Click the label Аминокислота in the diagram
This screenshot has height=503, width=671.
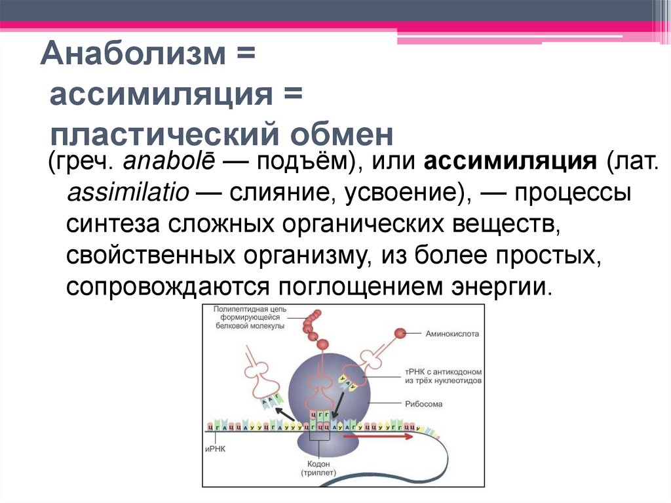pyautogui.click(x=452, y=333)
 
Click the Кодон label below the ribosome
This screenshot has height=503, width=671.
pyautogui.click(x=318, y=462)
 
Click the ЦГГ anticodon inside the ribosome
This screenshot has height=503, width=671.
pyautogui.click(x=320, y=414)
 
